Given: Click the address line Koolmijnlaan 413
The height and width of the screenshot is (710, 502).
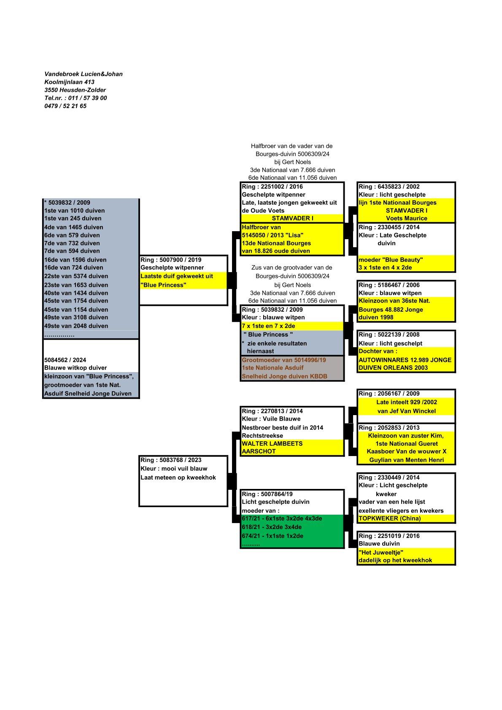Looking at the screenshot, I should [x=69, y=82].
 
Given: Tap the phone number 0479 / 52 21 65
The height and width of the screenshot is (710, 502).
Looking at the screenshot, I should [x=65, y=106].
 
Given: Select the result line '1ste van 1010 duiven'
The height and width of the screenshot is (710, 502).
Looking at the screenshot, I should [x=74, y=211].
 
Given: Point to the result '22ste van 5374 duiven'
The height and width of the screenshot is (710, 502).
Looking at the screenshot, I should [x=76, y=276].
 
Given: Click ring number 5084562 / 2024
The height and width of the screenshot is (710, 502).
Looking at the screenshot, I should [x=65, y=360].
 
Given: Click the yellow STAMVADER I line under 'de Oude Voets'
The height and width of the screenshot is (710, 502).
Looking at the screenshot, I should [x=292, y=218].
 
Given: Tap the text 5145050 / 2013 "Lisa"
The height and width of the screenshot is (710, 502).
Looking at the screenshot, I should [x=273, y=235].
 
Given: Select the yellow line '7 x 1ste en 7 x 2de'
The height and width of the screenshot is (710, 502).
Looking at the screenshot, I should [x=268, y=326].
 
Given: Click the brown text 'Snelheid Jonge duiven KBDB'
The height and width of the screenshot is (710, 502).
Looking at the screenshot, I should [x=284, y=376].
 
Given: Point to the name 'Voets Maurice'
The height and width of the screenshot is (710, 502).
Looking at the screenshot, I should [x=407, y=218].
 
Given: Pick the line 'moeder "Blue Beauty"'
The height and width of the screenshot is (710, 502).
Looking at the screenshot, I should [x=391, y=260].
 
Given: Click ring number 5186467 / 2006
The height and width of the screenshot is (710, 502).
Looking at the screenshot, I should [x=389, y=285].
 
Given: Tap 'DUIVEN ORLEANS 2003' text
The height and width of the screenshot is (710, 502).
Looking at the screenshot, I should [x=393, y=367].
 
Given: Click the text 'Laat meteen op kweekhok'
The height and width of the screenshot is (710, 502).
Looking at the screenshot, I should [x=178, y=477].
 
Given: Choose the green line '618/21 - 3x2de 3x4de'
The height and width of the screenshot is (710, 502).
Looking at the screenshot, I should [x=272, y=527].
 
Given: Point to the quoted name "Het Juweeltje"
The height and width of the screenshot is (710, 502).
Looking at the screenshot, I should [x=381, y=552].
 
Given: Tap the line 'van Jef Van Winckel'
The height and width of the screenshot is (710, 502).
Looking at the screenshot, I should [x=406, y=411].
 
